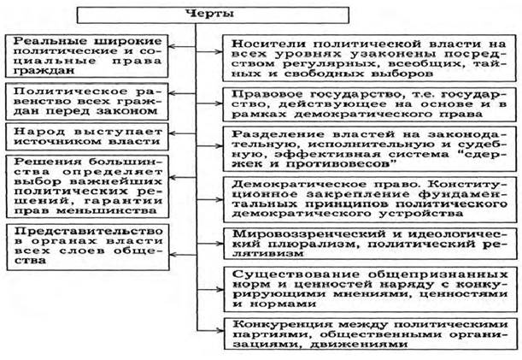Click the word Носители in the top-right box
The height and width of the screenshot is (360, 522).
[265, 42]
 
